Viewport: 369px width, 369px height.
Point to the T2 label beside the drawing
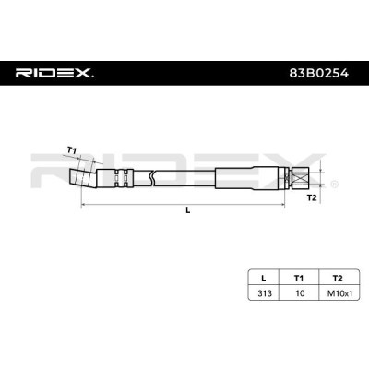[312, 196]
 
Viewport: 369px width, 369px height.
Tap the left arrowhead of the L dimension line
[84, 205]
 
